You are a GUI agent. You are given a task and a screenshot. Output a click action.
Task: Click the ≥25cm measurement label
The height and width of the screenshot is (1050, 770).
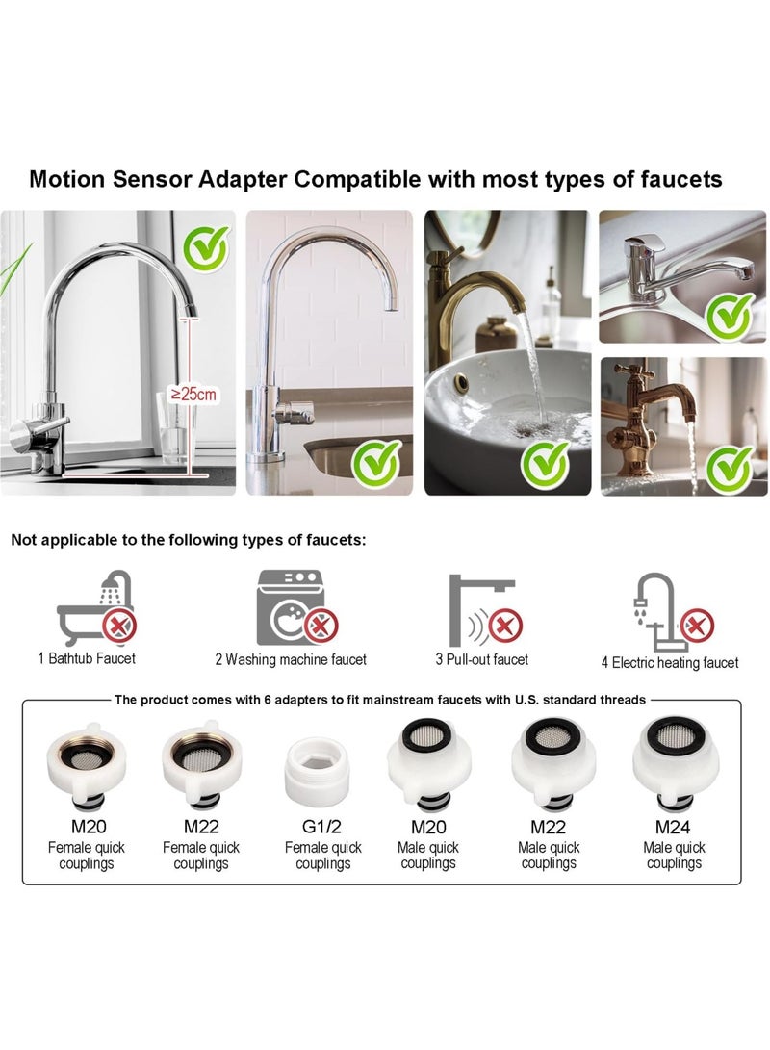tap(194, 393)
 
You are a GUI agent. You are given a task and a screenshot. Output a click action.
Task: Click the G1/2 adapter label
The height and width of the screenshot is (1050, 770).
tap(322, 827)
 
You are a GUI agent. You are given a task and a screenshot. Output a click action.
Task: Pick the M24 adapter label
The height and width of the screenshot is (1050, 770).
tap(674, 827)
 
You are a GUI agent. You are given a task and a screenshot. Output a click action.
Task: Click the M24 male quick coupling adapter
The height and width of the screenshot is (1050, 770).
tap(675, 766)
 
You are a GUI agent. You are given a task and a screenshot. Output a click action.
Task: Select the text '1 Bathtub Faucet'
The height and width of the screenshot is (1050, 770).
tap(87, 658)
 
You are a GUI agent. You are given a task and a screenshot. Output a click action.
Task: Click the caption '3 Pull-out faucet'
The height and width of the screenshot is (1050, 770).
tap(481, 659)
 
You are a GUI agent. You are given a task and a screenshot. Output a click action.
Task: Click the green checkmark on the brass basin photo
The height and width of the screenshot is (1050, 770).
tap(545, 463)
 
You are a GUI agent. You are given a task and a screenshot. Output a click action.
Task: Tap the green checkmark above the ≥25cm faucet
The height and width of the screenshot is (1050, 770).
tap(205, 248)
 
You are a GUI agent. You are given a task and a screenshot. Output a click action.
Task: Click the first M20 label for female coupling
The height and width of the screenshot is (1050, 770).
tap(86, 827)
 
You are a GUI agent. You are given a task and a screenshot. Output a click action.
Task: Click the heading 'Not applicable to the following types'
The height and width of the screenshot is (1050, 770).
tap(189, 540)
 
